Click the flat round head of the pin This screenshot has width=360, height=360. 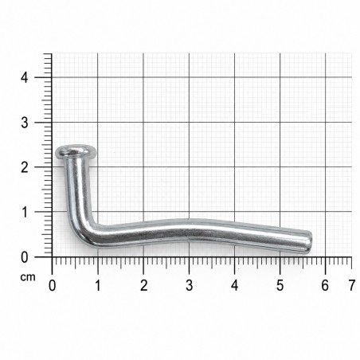(x=76, y=152)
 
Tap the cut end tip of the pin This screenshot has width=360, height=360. (x=311, y=242)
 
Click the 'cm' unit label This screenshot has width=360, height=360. (x=28, y=277)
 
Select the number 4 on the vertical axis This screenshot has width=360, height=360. (x=25, y=77)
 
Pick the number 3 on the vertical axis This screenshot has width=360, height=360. (x=25, y=123)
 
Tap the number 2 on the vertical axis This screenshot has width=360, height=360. (x=25, y=167)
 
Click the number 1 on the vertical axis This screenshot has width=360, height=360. (x=25, y=212)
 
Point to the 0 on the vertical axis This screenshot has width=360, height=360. (x=25, y=257)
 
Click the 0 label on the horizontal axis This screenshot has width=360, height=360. (x=53, y=286)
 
